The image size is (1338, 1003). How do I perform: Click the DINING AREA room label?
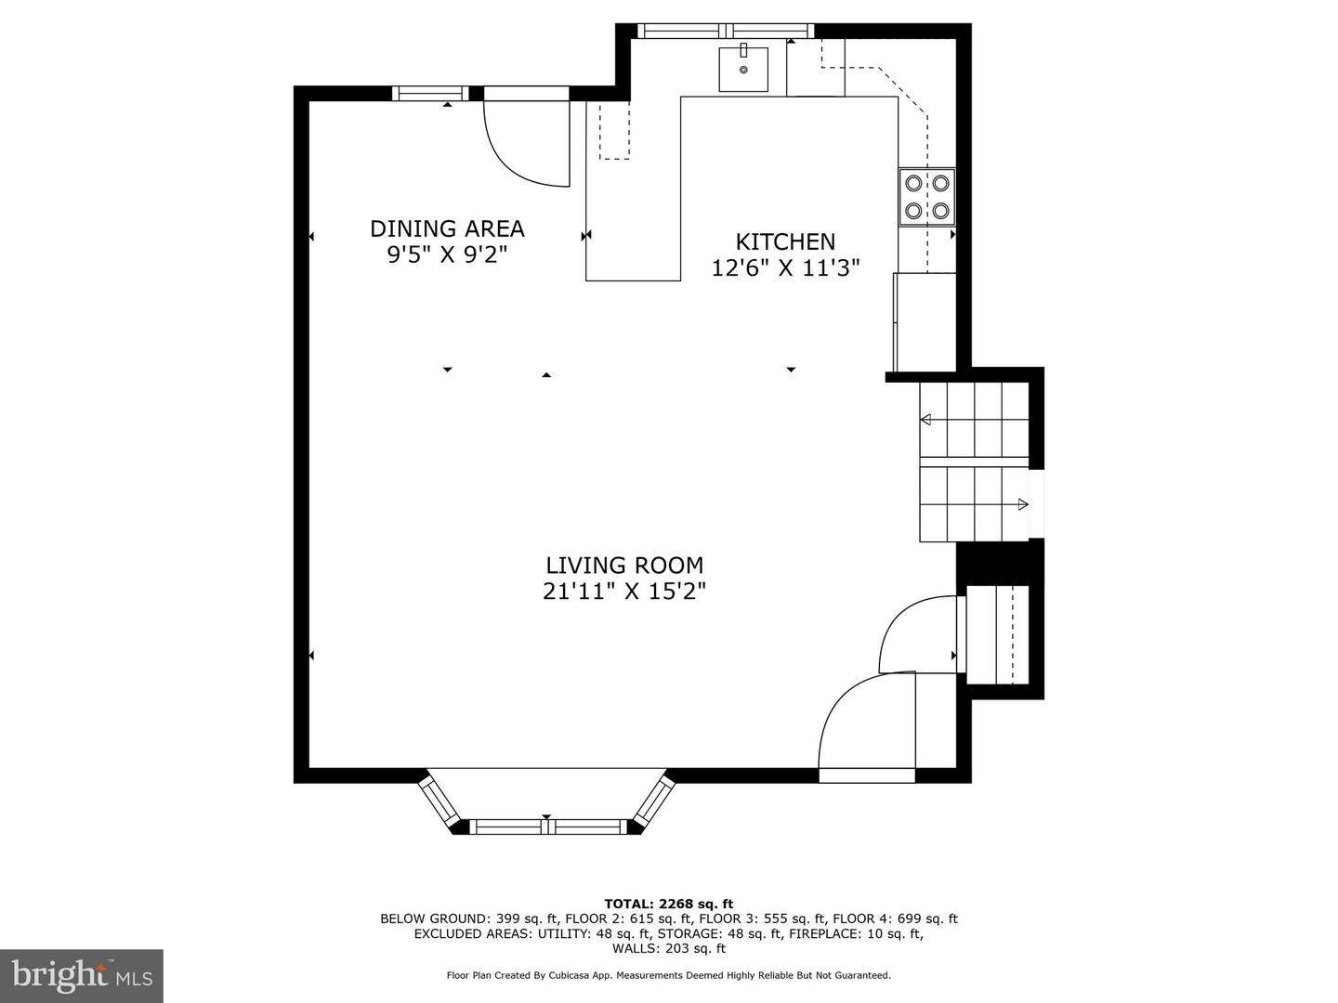[x=447, y=228]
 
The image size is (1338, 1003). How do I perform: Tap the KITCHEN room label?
[x=785, y=241]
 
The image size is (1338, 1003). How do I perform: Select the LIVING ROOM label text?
[x=624, y=565]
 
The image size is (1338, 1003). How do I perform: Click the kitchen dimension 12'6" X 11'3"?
[x=785, y=268]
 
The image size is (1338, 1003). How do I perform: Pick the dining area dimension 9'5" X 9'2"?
[x=447, y=255]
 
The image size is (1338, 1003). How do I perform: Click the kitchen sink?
[x=743, y=69]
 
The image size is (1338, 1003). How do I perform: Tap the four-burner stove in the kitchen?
[x=926, y=197]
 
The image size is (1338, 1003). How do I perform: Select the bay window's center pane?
[x=546, y=826]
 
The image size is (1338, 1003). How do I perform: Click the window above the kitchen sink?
[x=726, y=31]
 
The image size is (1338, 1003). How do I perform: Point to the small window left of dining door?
[x=429, y=93]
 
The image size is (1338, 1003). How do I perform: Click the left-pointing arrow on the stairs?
[x=925, y=420]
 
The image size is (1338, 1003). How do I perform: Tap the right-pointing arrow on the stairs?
[x=1023, y=504]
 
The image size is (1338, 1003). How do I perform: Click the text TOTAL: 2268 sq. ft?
[x=668, y=904]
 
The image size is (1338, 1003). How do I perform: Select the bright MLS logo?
[x=81, y=976]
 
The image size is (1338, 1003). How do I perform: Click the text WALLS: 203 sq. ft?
[x=668, y=948]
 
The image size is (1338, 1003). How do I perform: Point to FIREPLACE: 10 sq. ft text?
[x=855, y=933]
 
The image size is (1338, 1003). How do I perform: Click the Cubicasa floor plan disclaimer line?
[x=668, y=975]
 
